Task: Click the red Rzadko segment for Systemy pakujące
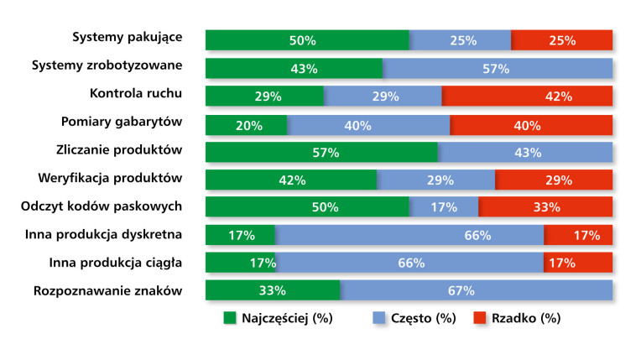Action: click(x=561, y=40)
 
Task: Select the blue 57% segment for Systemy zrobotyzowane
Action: click(x=497, y=69)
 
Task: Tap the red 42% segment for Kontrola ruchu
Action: click(x=527, y=97)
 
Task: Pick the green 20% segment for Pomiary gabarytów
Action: click(x=247, y=124)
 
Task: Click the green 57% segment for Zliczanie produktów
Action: click(x=321, y=152)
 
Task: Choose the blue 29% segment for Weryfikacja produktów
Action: click(x=436, y=180)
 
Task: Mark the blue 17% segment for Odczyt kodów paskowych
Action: click(x=444, y=207)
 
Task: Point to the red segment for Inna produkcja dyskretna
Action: click(x=578, y=235)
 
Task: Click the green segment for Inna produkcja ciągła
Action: click(x=241, y=263)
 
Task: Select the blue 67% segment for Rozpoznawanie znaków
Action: click(x=476, y=290)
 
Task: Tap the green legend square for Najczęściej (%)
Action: click(x=229, y=318)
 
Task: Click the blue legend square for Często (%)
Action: click(x=378, y=318)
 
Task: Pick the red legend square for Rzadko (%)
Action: click(x=481, y=318)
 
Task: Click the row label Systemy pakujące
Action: click(x=127, y=38)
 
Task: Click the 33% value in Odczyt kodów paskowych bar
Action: click(x=547, y=207)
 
